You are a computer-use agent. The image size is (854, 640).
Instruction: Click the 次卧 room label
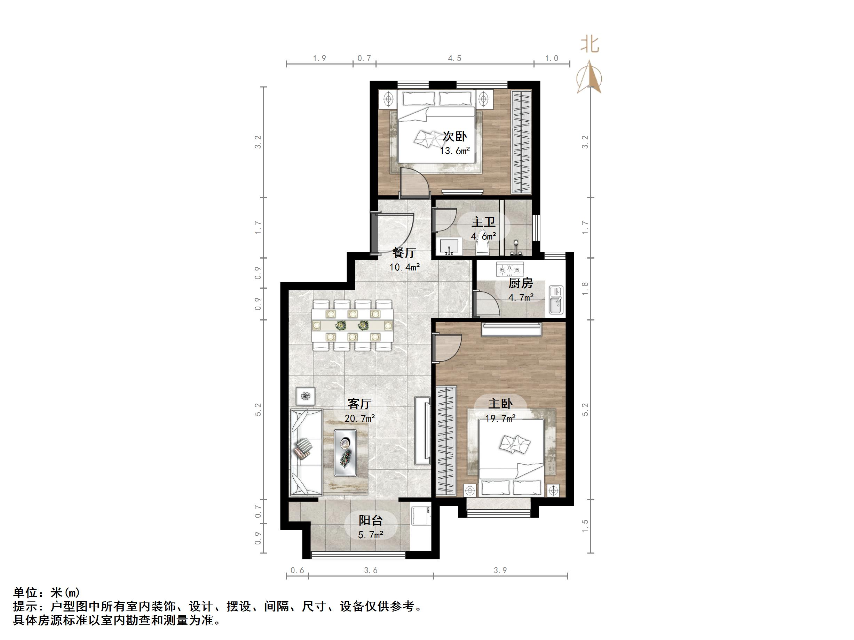454,137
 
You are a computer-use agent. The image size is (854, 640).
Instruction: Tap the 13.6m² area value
454,151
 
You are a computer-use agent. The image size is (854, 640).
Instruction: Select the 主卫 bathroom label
483,222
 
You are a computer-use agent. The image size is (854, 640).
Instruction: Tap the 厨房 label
520,284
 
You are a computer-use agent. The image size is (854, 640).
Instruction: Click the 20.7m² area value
359,418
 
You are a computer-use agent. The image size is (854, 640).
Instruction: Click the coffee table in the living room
345,453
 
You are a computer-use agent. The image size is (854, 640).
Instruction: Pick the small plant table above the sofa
306,396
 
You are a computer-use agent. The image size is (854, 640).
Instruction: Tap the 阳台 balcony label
370,520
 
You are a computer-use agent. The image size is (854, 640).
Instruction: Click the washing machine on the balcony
420,516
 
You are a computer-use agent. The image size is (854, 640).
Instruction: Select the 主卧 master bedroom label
500,404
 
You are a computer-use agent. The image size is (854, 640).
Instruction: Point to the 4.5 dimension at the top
454,58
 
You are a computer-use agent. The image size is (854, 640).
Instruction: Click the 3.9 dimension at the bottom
500,570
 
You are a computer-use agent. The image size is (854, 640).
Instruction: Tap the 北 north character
590,45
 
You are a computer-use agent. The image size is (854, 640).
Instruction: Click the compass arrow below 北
590,77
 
